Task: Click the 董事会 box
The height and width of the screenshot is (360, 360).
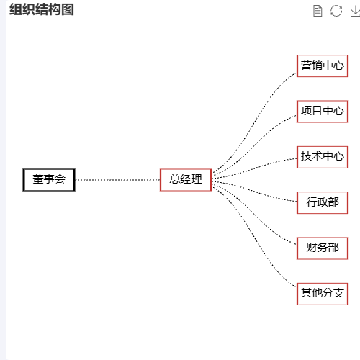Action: point(49,180)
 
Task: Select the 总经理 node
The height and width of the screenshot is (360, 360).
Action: point(186,180)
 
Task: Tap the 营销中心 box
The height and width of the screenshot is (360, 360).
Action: point(323,66)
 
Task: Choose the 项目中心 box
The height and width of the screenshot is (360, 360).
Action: point(323,112)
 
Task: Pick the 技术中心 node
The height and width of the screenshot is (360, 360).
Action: point(323,157)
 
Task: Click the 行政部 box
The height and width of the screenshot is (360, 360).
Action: point(323,203)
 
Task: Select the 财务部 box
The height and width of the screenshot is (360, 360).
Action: point(323,248)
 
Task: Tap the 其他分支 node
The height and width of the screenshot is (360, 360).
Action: point(323,294)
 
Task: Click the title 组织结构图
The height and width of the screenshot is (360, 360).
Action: point(42,9)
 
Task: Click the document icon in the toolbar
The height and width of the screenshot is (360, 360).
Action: point(318,11)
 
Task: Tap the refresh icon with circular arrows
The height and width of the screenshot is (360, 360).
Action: point(336,11)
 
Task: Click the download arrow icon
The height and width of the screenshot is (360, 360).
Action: point(355,11)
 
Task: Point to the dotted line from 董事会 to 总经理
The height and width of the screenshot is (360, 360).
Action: point(117,180)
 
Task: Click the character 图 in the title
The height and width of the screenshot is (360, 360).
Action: point(68,9)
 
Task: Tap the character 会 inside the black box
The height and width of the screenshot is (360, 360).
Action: point(60,179)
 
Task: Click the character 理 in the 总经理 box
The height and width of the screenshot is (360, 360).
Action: point(197,179)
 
